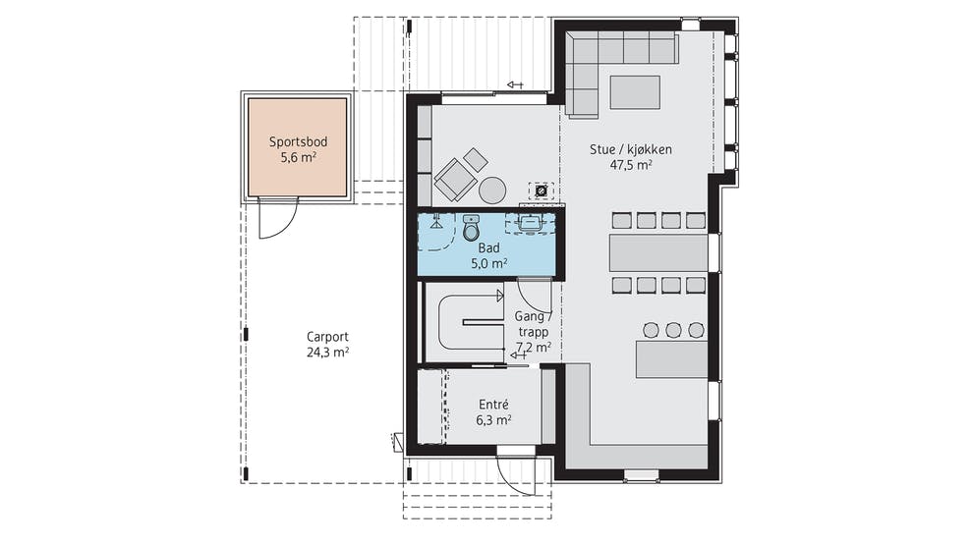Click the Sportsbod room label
(x=298, y=141)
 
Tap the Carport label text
(x=327, y=337)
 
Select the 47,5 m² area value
(x=630, y=165)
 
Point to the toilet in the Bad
(x=472, y=227)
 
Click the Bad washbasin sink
(x=530, y=223)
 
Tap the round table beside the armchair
(x=492, y=191)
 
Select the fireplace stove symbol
(x=541, y=191)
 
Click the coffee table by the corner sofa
(x=635, y=92)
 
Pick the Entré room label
(x=493, y=405)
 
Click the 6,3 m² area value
(x=493, y=420)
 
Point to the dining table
(x=658, y=252)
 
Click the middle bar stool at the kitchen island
(x=673, y=330)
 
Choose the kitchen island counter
(x=672, y=359)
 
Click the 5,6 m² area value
(x=298, y=157)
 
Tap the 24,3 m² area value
(x=327, y=353)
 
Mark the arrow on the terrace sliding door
(x=515, y=84)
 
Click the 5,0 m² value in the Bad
(x=489, y=264)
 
